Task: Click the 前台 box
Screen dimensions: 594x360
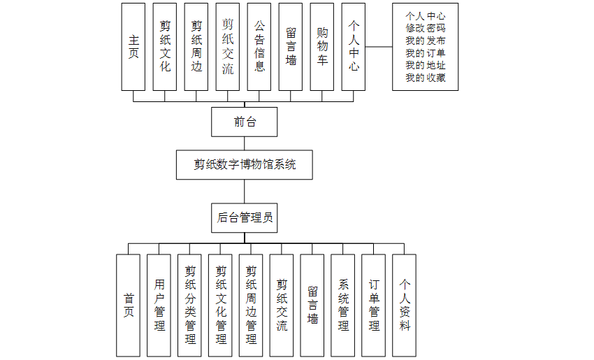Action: coord(245,122)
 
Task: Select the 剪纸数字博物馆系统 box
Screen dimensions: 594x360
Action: coord(245,165)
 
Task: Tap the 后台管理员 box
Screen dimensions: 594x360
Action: coord(245,218)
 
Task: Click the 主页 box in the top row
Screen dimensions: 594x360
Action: coord(133,46)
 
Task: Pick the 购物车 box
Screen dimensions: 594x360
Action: coord(322,46)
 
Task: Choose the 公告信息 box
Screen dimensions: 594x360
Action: coord(259,46)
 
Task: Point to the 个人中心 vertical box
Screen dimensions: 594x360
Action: coord(354,46)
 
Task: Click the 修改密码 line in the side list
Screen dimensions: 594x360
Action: coord(425,27)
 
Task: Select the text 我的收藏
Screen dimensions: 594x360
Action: coord(425,78)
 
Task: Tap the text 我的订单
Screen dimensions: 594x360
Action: coord(425,52)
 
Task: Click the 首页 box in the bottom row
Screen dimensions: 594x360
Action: coord(128,305)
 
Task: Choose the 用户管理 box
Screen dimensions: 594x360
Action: coord(159,305)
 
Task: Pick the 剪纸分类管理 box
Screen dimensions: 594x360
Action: coord(189,305)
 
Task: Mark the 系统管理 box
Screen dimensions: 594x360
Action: coord(343,305)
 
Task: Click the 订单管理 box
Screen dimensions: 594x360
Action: coord(374,305)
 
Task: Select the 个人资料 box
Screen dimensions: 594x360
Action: coord(405,305)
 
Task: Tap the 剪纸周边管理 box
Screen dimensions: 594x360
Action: coord(251,305)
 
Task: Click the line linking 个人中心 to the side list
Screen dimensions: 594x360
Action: coord(379,47)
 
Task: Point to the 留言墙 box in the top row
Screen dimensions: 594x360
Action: coord(291,46)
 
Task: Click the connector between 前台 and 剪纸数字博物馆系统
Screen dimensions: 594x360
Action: coord(245,143)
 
